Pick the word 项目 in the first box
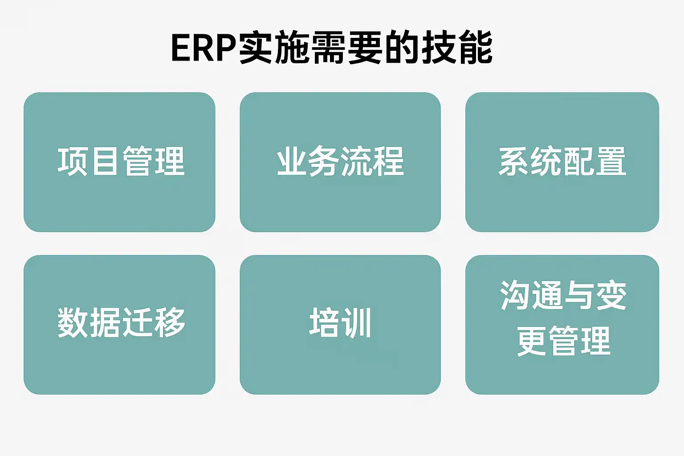click(89, 161)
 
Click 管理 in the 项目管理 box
click(154, 161)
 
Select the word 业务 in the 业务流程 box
click(308, 161)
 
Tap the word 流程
click(372, 161)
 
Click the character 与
click(579, 296)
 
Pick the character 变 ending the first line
click(611, 296)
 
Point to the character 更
click(532, 341)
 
